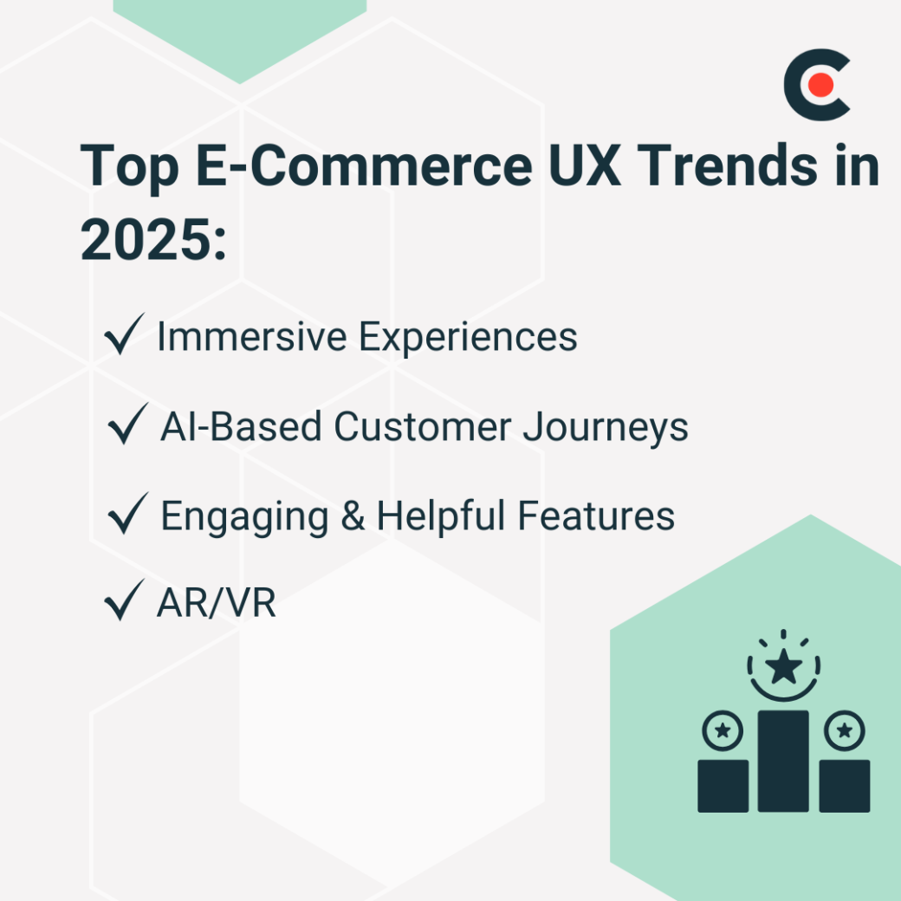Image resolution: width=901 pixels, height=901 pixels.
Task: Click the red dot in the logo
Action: click(x=822, y=85)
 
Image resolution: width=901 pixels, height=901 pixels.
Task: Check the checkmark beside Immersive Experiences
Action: click(x=122, y=337)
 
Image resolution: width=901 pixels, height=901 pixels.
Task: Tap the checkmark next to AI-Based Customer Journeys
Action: click(x=127, y=427)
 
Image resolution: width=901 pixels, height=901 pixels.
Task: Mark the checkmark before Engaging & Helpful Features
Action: click(x=127, y=516)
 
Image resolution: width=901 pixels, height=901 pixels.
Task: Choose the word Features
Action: click(x=597, y=516)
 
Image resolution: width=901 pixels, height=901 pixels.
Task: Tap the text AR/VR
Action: click(x=217, y=604)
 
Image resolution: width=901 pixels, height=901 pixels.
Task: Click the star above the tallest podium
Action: click(x=783, y=668)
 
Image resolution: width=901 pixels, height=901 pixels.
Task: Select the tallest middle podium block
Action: click(x=783, y=761)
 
